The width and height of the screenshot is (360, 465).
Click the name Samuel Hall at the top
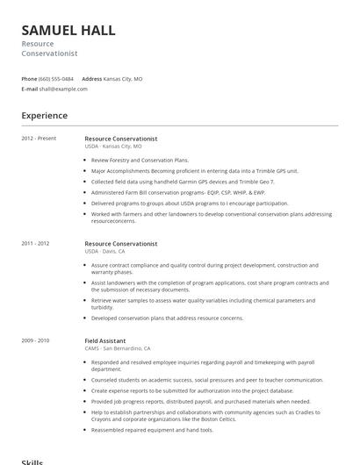click(x=68, y=30)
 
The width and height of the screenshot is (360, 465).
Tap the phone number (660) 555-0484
click(x=56, y=78)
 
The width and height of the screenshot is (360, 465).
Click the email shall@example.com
click(x=60, y=89)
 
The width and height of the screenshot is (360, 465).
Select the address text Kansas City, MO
click(x=123, y=78)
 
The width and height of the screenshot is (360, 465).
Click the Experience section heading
click(x=45, y=116)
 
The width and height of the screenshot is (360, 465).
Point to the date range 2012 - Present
click(x=39, y=138)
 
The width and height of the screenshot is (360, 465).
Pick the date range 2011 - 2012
click(x=35, y=243)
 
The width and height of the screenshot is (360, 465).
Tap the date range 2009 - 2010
click(x=35, y=340)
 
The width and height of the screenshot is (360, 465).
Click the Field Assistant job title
click(x=105, y=340)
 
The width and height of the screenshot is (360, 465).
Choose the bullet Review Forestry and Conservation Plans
click(x=140, y=161)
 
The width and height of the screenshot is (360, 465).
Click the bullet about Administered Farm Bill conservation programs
click(x=177, y=192)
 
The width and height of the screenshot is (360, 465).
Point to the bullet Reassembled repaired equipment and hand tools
click(x=152, y=430)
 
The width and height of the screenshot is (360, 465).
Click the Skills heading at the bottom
click(x=32, y=461)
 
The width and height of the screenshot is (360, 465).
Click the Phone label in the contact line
click(x=30, y=78)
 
